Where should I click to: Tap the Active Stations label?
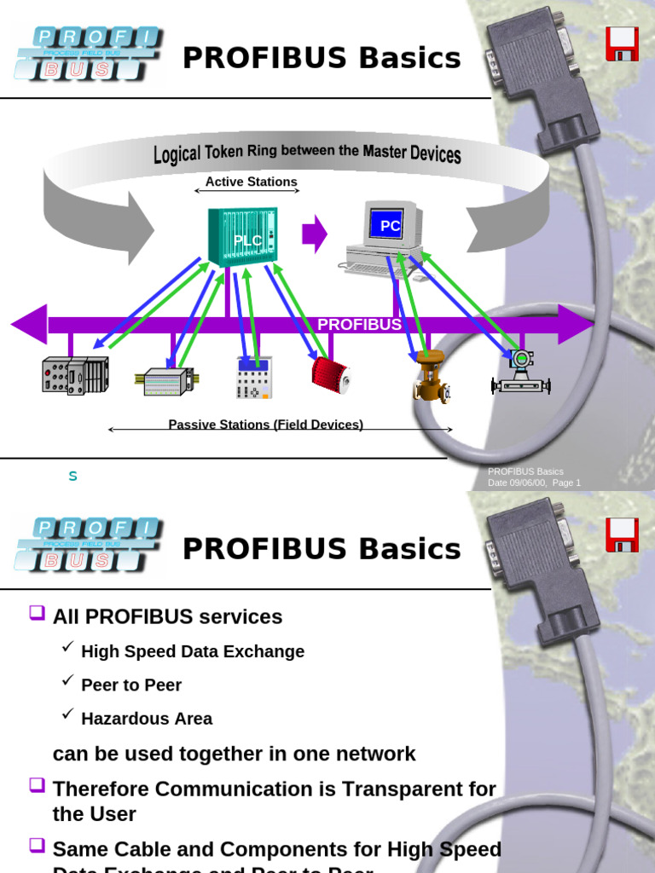tap(252, 182)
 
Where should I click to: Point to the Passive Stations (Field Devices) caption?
tap(265, 425)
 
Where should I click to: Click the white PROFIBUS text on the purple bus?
tap(359, 325)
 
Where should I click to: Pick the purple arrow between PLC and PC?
tap(315, 233)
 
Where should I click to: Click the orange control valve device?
tap(431, 376)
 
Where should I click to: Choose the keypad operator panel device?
tap(253, 379)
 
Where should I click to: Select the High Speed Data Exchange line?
tap(193, 651)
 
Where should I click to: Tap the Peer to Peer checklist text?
tap(131, 685)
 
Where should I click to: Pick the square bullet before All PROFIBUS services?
tap(37, 612)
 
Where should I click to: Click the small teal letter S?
tap(72, 476)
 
